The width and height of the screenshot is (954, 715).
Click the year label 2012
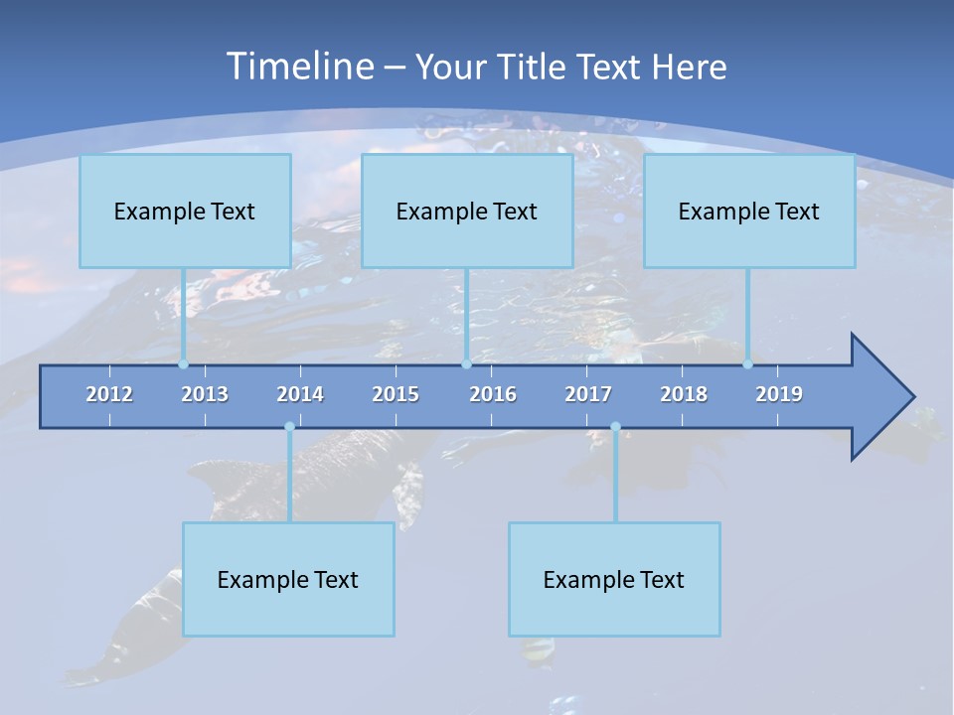(x=109, y=394)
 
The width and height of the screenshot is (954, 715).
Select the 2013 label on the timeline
(x=205, y=394)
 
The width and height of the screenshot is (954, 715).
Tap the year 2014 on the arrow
(x=300, y=394)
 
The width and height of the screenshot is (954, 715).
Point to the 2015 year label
(x=396, y=394)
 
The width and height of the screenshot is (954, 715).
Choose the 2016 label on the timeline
(x=493, y=394)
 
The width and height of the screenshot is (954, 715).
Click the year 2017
(x=588, y=394)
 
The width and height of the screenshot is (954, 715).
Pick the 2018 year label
(x=684, y=394)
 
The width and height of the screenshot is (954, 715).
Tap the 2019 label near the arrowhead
(x=779, y=394)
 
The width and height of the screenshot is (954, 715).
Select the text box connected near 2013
(x=185, y=211)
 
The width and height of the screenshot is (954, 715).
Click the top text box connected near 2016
(x=467, y=211)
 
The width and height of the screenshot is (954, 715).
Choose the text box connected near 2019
(x=749, y=211)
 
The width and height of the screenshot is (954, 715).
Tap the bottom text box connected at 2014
(x=288, y=579)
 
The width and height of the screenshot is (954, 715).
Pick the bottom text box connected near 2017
(x=614, y=579)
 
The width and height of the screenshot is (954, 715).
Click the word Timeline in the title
(x=299, y=67)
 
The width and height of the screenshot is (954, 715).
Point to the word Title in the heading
(x=536, y=68)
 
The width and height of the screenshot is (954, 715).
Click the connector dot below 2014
(x=289, y=427)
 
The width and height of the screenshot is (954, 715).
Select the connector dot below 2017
(x=615, y=427)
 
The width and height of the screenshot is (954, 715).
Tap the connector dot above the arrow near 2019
(x=748, y=364)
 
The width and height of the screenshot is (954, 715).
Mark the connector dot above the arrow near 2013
(x=184, y=364)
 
